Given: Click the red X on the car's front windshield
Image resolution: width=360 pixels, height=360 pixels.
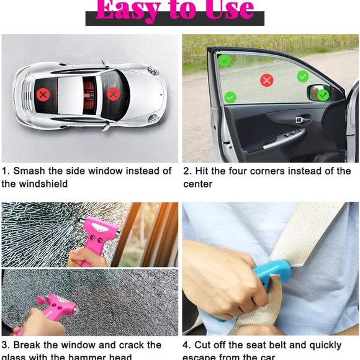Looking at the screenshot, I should point(113,94).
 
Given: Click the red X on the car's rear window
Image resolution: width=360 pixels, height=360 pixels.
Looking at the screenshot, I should point(42,94).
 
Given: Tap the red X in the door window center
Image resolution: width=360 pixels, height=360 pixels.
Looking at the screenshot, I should point(267,79).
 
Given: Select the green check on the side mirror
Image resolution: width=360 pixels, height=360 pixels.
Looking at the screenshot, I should point(323,94).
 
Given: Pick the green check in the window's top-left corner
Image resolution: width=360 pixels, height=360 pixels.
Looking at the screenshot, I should point(224,61).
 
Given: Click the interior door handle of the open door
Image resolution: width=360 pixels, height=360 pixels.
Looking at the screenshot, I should point(302,119).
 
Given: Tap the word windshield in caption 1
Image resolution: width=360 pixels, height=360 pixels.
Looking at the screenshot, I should point(43,184).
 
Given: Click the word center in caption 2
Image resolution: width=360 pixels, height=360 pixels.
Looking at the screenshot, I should point(197,184).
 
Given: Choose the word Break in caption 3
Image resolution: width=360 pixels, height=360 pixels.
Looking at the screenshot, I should point(30,345).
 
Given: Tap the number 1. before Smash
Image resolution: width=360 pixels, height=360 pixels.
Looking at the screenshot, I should point(6,171).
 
